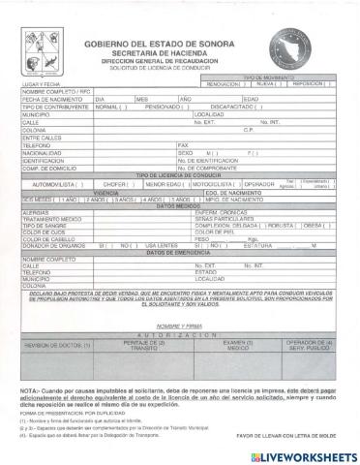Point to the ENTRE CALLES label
40,164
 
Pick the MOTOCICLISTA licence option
214,210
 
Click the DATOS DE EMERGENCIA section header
180,280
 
